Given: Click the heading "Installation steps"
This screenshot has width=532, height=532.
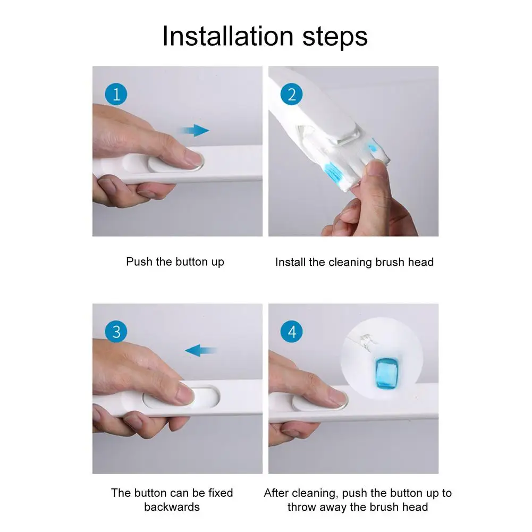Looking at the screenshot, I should tap(265, 36).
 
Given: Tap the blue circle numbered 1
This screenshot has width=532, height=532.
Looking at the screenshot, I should tap(116, 95).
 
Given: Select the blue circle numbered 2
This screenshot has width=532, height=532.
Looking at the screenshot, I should tap(291, 95).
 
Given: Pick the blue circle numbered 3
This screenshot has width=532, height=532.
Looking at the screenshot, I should tap(116, 332).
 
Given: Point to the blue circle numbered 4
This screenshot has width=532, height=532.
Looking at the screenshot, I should tap(291, 332).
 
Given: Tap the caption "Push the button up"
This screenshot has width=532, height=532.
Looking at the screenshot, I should tap(175, 262).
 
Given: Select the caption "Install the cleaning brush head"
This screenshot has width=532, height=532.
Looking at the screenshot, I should tap(354, 262).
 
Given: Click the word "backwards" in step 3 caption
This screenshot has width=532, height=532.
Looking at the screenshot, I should tap(172, 506).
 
